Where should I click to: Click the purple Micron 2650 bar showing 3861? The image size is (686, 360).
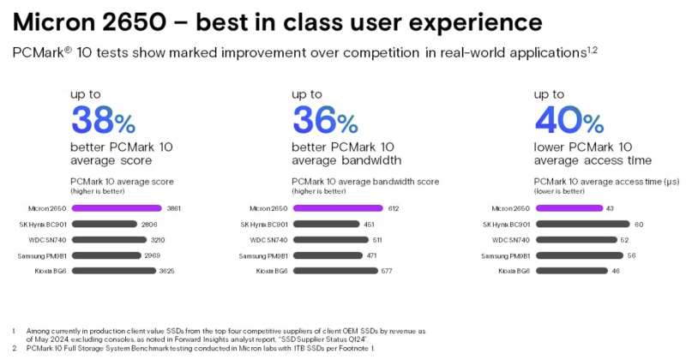pyautogui.click(x=116, y=208)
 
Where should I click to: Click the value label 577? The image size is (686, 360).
pyautogui.click(x=388, y=271)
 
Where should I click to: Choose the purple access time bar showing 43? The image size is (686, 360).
pyautogui.click(x=569, y=208)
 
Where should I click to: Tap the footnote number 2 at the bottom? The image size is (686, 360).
pyautogui.click(x=15, y=349)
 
